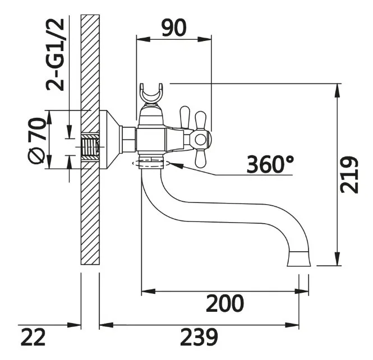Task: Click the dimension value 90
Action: click(174, 28)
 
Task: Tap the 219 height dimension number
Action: click(349, 175)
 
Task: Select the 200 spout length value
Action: click(225, 303)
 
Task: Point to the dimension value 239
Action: click(199, 337)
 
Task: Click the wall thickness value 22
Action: click(33, 337)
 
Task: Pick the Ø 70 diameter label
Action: click(36, 140)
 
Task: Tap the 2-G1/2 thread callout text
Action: click(55, 54)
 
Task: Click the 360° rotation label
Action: click(270, 164)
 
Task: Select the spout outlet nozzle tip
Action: click(299, 259)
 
